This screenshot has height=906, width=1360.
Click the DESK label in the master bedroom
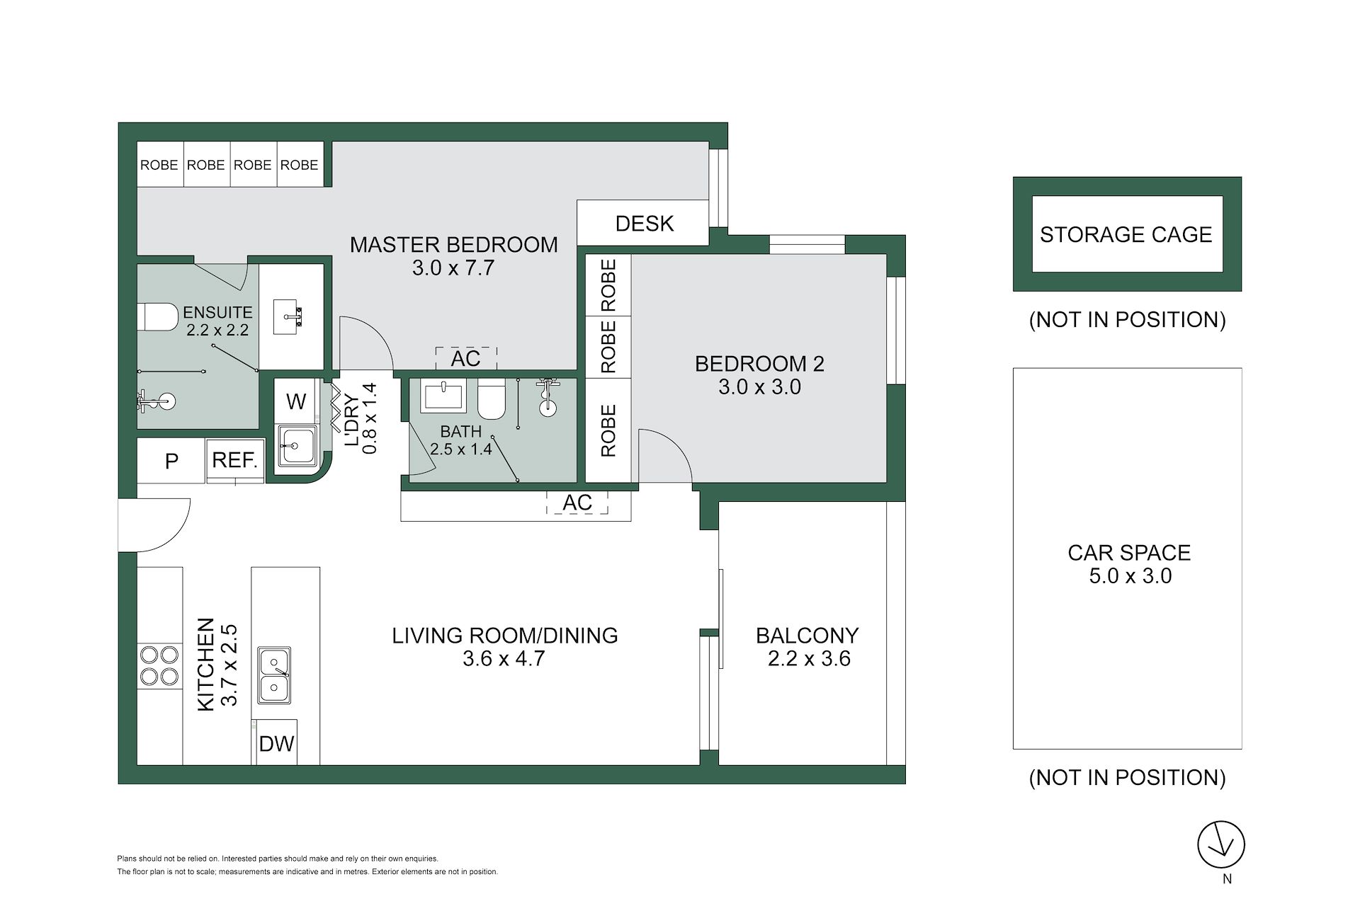tap(644, 224)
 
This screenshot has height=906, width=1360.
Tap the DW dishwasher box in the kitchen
tap(276, 742)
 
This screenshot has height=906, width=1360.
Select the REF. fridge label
tap(234, 460)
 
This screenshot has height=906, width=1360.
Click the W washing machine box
tap(296, 401)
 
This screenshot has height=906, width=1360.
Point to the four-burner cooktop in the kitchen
tap(159, 665)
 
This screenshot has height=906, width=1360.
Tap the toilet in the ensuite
tap(157, 316)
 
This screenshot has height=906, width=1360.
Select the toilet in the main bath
tap(491, 399)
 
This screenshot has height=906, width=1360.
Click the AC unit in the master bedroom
tap(465, 358)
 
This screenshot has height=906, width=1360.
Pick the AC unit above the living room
tap(577, 503)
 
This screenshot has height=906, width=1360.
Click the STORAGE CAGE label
tap(1126, 234)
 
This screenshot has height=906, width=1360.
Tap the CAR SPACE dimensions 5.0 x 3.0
tap(1130, 576)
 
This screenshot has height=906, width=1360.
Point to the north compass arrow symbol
tap(1221, 844)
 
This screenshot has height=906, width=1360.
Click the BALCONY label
tap(807, 635)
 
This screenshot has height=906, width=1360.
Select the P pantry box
tap(171, 461)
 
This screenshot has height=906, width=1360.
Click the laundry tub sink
tap(297, 445)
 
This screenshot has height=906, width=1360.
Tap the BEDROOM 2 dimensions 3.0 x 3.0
tap(759, 387)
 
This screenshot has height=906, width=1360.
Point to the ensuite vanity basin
tap(292, 316)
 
